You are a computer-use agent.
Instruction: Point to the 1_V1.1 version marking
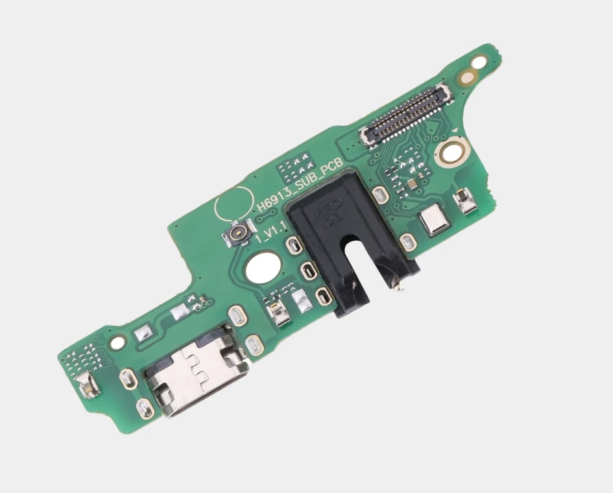point(271,232)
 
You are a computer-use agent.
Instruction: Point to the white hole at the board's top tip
point(478,62)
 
